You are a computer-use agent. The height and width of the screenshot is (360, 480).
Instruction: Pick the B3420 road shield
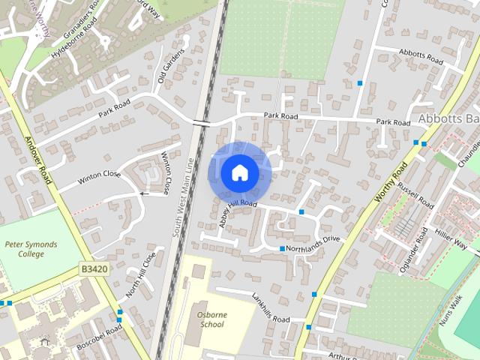94,268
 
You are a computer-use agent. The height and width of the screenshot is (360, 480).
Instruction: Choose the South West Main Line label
183,198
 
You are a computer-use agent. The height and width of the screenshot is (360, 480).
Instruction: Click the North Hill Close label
140,274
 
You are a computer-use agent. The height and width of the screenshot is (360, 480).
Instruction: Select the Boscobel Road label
98,337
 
